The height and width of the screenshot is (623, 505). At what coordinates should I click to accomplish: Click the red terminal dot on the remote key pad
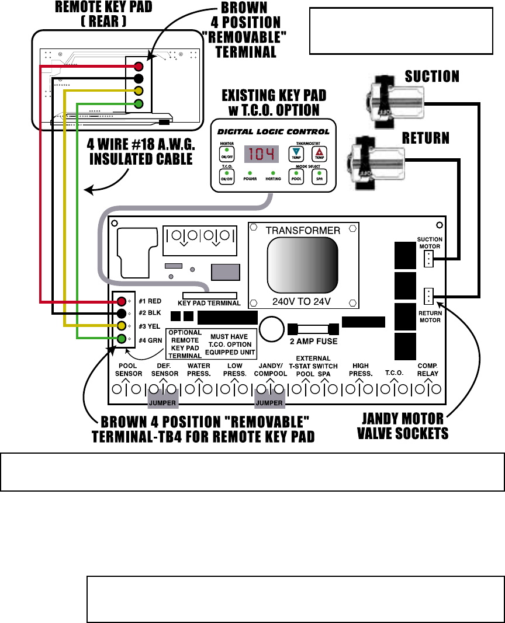coord(139,67)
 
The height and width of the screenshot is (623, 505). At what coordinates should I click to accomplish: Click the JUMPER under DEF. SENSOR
coord(161,403)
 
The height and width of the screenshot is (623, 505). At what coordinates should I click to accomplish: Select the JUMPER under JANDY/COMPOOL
coord(269,403)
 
